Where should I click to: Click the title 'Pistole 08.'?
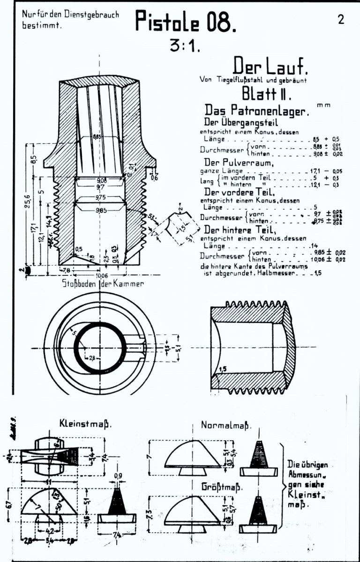click(x=183, y=22)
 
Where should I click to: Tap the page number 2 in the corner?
click(x=340, y=20)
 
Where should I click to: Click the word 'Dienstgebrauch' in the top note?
click(x=92, y=15)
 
